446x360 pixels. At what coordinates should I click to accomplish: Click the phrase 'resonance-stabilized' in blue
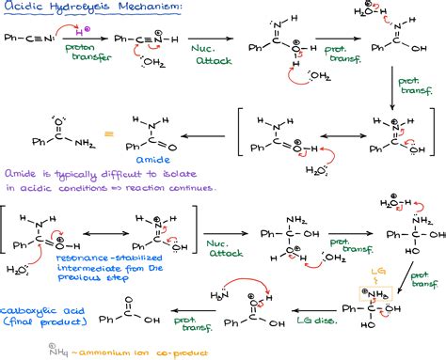(84, 256)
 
